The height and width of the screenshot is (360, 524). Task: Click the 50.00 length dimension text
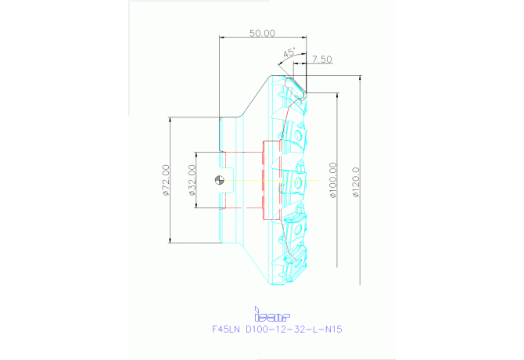click(x=262, y=33)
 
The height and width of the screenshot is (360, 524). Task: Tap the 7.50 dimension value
click(x=321, y=59)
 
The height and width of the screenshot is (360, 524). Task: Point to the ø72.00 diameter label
click(x=166, y=181)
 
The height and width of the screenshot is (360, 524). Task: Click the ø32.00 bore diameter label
click(x=192, y=181)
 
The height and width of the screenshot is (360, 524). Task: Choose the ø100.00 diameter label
click(x=334, y=181)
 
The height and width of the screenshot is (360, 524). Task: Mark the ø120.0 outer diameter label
click(x=357, y=181)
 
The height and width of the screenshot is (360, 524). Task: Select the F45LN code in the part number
click(x=227, y=329)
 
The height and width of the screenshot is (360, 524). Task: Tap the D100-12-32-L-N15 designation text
click(x=294, y=329)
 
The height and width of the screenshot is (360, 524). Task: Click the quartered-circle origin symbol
click(x=221, y=181)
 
